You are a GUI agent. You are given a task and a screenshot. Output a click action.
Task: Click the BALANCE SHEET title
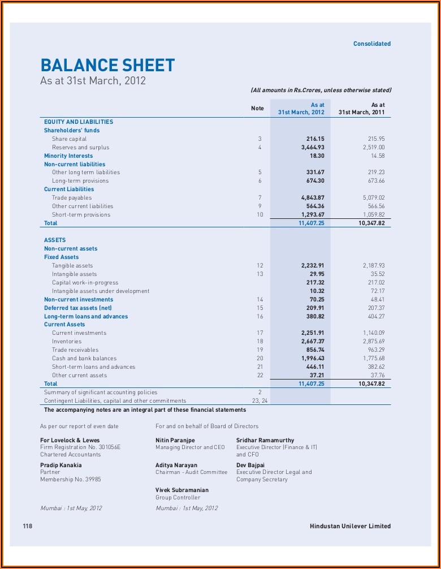click(107, 65)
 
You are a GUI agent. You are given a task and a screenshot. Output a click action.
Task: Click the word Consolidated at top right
click(371, 44)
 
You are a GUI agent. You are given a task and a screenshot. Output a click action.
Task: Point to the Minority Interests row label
click(68, 156)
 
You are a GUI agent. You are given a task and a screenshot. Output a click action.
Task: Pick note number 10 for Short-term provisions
click(260, 215)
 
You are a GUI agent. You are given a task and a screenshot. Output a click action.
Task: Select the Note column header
click(257, 108)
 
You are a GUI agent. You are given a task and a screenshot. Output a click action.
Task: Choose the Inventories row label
click(67, 342)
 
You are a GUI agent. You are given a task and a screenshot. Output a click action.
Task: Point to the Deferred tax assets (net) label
click(78, 308)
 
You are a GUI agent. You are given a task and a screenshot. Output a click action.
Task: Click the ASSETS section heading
click(55, 240)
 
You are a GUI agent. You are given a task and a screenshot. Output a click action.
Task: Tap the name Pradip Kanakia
click(60, 465)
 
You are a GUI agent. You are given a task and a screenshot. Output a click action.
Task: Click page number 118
click(28, 526)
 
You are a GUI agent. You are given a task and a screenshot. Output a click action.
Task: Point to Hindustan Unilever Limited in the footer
click(350, 526)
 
